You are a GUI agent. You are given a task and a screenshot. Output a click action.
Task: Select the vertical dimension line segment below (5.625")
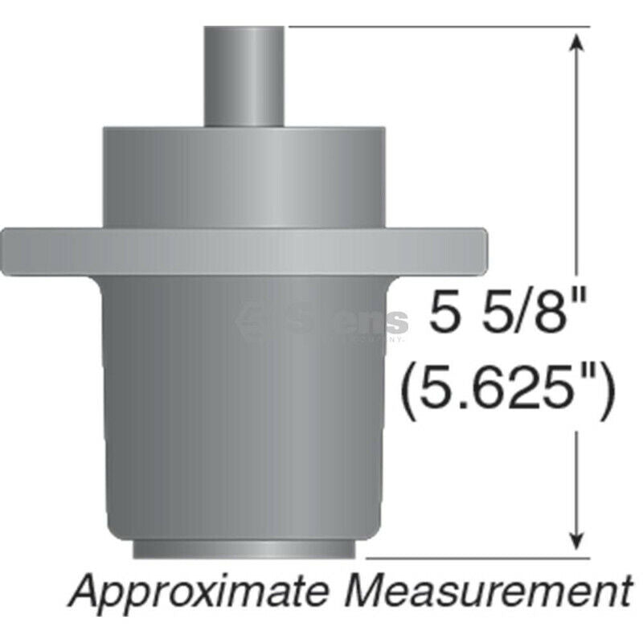(x=575, y=482)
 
